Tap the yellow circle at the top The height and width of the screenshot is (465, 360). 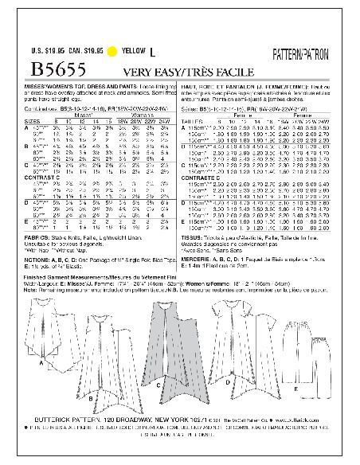pos(124,51)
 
